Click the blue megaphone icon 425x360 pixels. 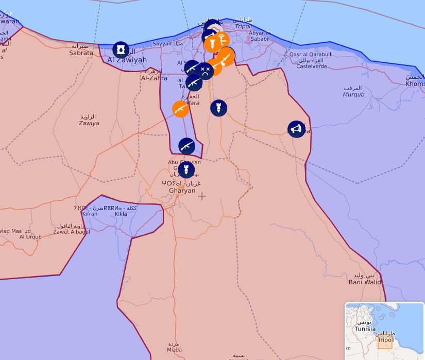[x=296, y=129]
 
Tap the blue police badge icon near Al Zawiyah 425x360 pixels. [x=121, y=50]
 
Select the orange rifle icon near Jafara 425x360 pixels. [x=181, y=109]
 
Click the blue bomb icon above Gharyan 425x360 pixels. [x=186, y=169]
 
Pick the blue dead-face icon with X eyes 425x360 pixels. [x=205, y=71]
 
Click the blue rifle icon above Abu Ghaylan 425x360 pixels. [x=186, y=146]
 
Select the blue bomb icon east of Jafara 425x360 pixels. [x=218, y=108]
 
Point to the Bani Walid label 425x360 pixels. [x=365, y=282]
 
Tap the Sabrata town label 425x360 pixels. [x=81, y=53]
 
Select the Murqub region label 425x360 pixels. [x=353, y=94]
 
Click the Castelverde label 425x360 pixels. [x=312, y=66]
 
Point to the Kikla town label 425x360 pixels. [x=121, y=214]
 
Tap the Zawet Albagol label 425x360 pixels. [x=72, y=232]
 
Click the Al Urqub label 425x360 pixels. [x=30, y=237]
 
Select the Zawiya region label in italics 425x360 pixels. [x=89, y=123]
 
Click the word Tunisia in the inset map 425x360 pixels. [x=365, y=329]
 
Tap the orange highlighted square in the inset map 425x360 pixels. [x=385, y=342]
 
